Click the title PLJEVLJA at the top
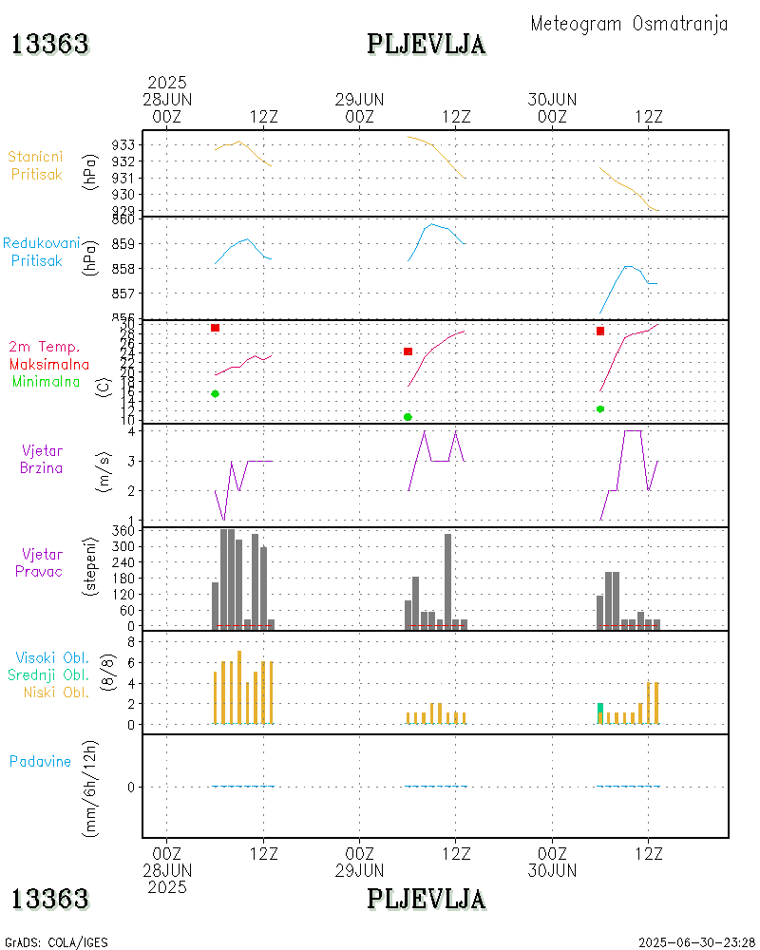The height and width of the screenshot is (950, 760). (x=426, y=44)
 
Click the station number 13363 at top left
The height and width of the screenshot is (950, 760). (x=49, y=44)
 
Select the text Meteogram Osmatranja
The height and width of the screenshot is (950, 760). (x=629, y=24)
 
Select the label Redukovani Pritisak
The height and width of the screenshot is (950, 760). (x=40, y=252)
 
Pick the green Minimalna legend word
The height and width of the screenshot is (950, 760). (x=47, y=381)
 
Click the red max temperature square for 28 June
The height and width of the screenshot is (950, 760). (x=215, y=328)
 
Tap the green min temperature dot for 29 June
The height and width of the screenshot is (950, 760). (x=408, y=417)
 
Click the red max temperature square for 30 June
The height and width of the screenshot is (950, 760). (x=600, y=331)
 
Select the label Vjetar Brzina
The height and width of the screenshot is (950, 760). (x=42, y=459)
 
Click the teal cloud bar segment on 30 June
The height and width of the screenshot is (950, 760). (x=600, y=707)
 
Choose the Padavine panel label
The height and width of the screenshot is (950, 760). (x=40, y=761)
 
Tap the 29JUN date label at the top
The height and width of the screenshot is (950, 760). (x=359, y=100)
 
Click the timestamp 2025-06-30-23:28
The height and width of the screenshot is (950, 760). (x=697, y=942)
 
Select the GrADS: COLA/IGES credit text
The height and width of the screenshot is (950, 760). (x=56, y=942)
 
